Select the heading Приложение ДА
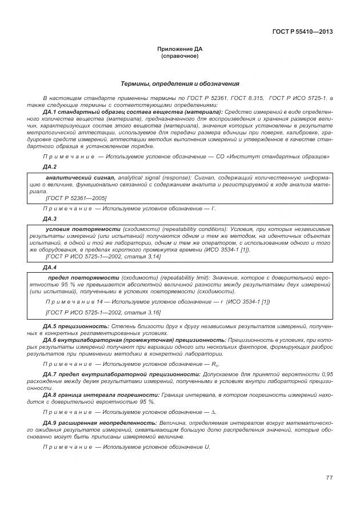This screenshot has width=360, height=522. tap(179, 51)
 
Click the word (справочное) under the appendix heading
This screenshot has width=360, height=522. tap(179, 57)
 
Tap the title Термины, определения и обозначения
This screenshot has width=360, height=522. tap(180, 84)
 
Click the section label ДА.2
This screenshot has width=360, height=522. tap(50, 166)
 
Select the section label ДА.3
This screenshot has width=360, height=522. tap(50, 218)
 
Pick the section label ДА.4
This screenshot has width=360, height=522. tap(50, 267)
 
